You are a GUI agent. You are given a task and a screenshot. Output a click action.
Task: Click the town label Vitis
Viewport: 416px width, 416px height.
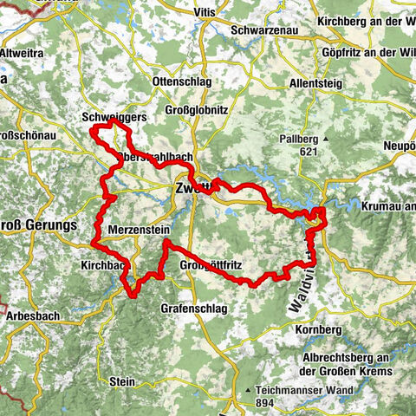pos(206,11)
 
